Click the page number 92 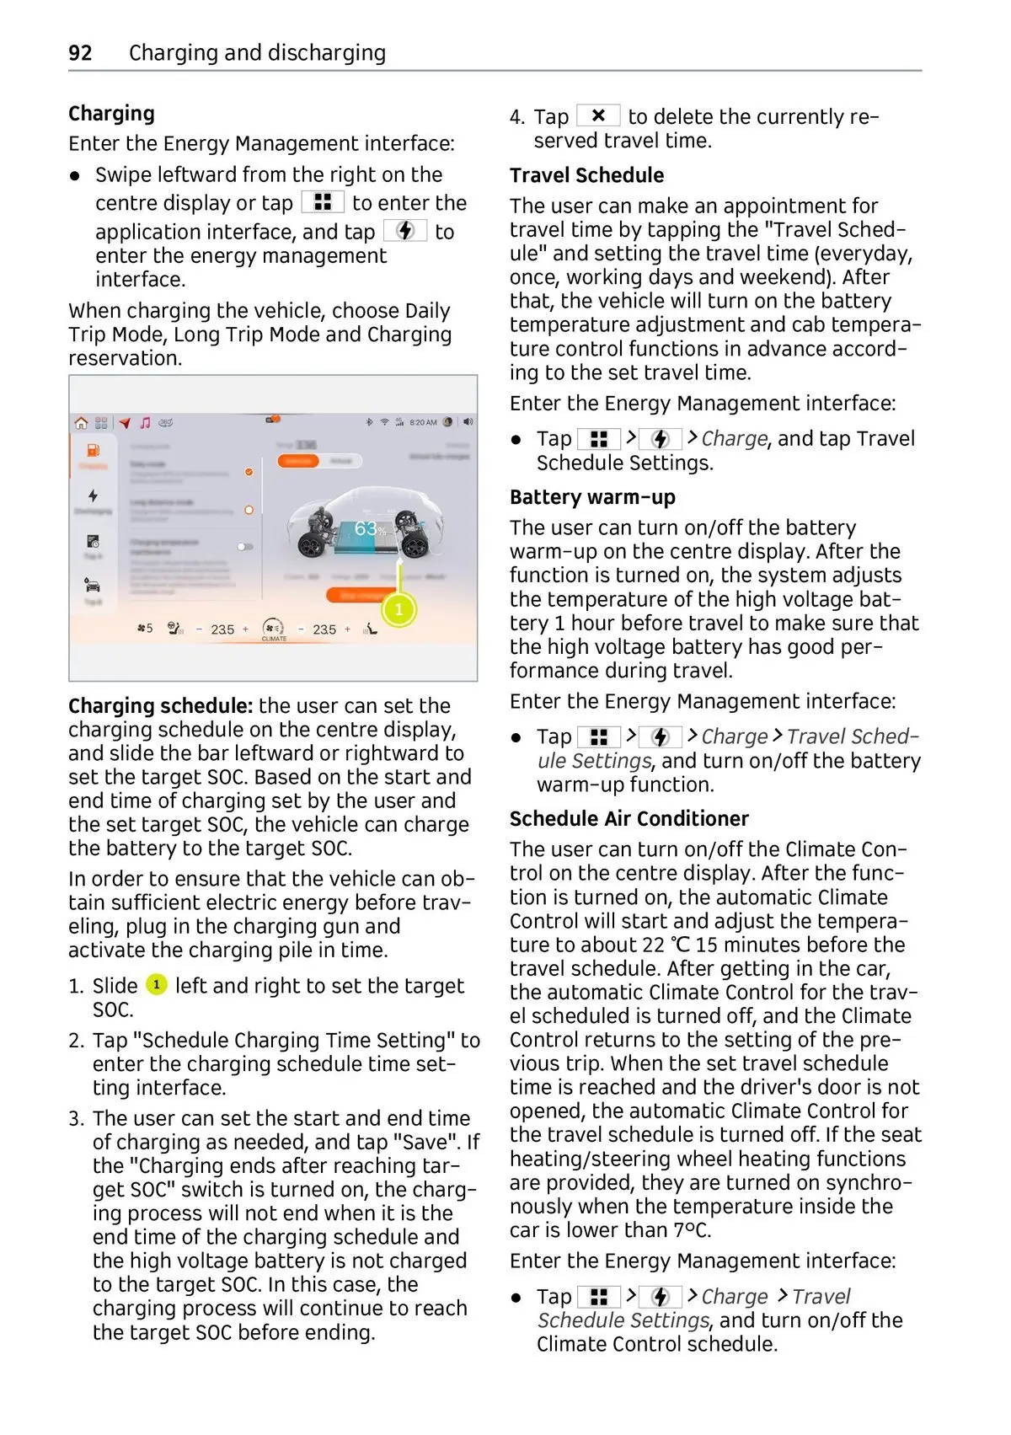[x=80, y=53]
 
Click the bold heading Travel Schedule [x=586, y=175]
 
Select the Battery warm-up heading [x=592, y=497]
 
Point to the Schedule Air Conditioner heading [x=629, y=819]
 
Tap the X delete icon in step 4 [x=598, y=115]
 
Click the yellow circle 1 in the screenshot [x=399, y=609]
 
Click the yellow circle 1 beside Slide [x=157, y=984]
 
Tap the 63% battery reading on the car [x=368, y=529]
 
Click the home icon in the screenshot [x=81, y=423]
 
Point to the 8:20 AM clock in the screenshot [x=423, y=422]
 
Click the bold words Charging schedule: [x=160, y=706]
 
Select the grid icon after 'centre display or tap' [x=323, y=202]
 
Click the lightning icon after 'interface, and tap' [x=405, y=231]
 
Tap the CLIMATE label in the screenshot [x=274, y=639]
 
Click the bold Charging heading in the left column [x=111, y=114]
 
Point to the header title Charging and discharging [x=257, y=53]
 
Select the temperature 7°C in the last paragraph [x=692, y=1230]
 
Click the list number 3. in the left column [x=77, y=1118]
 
